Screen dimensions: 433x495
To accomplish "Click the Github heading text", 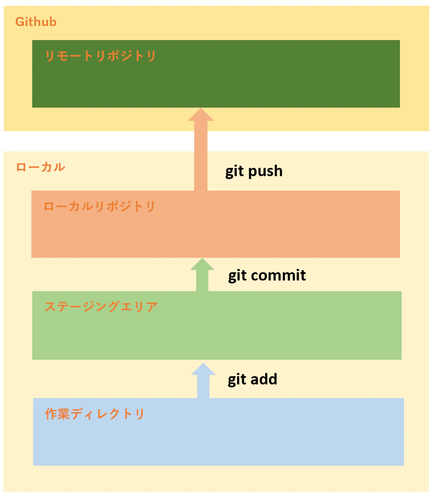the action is click(36, 22).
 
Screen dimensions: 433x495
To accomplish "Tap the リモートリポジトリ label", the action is click(101, 56).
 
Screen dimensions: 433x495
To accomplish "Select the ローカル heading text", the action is click(40, 167).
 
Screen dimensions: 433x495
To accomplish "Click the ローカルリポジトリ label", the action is click(99, 206).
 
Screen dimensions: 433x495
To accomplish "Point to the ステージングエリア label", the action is click(101, 307).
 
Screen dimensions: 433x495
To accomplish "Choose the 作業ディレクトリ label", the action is click(95, 414).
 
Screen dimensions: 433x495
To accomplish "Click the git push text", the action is click(254, 172).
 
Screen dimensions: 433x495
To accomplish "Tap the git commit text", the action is click(267, 275).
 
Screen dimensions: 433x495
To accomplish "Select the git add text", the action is click(252, 379).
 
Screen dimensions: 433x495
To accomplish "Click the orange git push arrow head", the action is click(201, 115).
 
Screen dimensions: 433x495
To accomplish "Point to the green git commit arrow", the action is click(202, 275).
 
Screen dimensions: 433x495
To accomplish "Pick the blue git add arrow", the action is click(203, 381).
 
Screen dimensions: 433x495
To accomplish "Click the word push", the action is click(265, 172).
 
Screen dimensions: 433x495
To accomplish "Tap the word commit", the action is click(278, 275).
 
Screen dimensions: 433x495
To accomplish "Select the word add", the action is click(264, 379).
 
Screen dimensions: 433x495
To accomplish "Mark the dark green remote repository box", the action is click(216, 74).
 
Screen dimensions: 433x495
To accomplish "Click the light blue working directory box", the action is click(218, 432).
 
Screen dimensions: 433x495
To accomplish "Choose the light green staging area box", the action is click(217, 325).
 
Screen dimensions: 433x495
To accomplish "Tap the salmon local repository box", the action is click(216, 224).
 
